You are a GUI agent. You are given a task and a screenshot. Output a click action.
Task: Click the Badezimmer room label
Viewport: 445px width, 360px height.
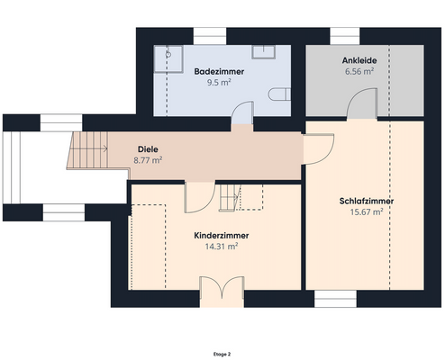pyautogui.click(x=220, y=70)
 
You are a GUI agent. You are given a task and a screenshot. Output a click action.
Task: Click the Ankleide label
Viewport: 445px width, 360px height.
pyautogui.click(x=359, y=61)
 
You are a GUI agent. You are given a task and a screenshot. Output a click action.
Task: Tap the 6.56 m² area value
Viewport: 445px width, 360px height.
pyautogui.click(x=359, y=72)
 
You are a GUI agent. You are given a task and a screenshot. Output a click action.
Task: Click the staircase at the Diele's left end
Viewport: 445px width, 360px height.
pyautogui.click(x=86, y=151)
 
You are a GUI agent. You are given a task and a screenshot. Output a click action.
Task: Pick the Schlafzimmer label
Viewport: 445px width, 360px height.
pyautogui.click(x=367, y=201)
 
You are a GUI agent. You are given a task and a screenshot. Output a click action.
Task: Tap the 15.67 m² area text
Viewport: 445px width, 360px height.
pyautogui.click(x=367, y=212)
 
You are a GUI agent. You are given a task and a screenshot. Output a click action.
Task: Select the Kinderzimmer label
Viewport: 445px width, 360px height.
pyautogui.click(x=221, y=235)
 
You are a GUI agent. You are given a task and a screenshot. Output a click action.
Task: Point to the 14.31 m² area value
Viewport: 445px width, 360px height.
pyautogui.click(x=221, y=246)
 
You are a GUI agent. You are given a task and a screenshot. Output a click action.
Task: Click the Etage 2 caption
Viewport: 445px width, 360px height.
pyautogui.click(x=222, y=354)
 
